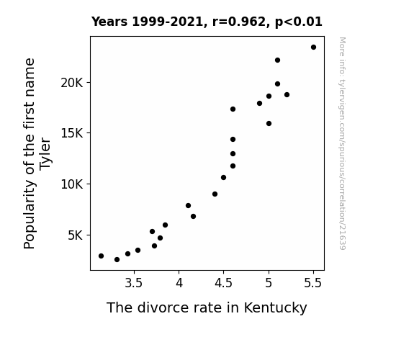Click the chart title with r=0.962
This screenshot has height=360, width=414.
tap(207, 22)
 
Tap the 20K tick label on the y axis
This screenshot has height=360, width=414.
tap(72, 83)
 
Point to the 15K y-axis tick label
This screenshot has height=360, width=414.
tap(72, 133)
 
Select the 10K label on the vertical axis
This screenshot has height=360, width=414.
tap(72, 184)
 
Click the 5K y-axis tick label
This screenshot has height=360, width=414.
tap(76, 235)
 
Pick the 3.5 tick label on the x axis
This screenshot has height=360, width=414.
tap(134, 283)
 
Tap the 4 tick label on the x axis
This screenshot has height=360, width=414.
tap(179, 283)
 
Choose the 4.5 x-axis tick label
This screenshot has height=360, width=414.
tap(223, 283)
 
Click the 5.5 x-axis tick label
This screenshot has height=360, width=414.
tap(313, 283)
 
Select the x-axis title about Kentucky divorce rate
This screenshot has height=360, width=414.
tap(207, 307)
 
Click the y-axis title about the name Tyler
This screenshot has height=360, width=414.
tap(37, 153)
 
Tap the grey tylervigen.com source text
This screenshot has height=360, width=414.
tap(342, 143)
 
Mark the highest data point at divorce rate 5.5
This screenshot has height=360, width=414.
tap(313, 48)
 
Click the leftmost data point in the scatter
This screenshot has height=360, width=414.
tap(101, 256)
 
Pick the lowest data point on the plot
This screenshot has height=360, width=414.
tap(117, 260)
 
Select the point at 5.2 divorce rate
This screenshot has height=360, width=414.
tap(287, 95)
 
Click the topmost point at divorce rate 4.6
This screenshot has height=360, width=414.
tap(233, 109)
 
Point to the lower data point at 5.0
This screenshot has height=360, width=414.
tap(269, 123)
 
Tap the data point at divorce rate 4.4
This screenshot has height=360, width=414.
tap(215, 194)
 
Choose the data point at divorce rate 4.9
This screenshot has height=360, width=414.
tap(259, 103)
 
